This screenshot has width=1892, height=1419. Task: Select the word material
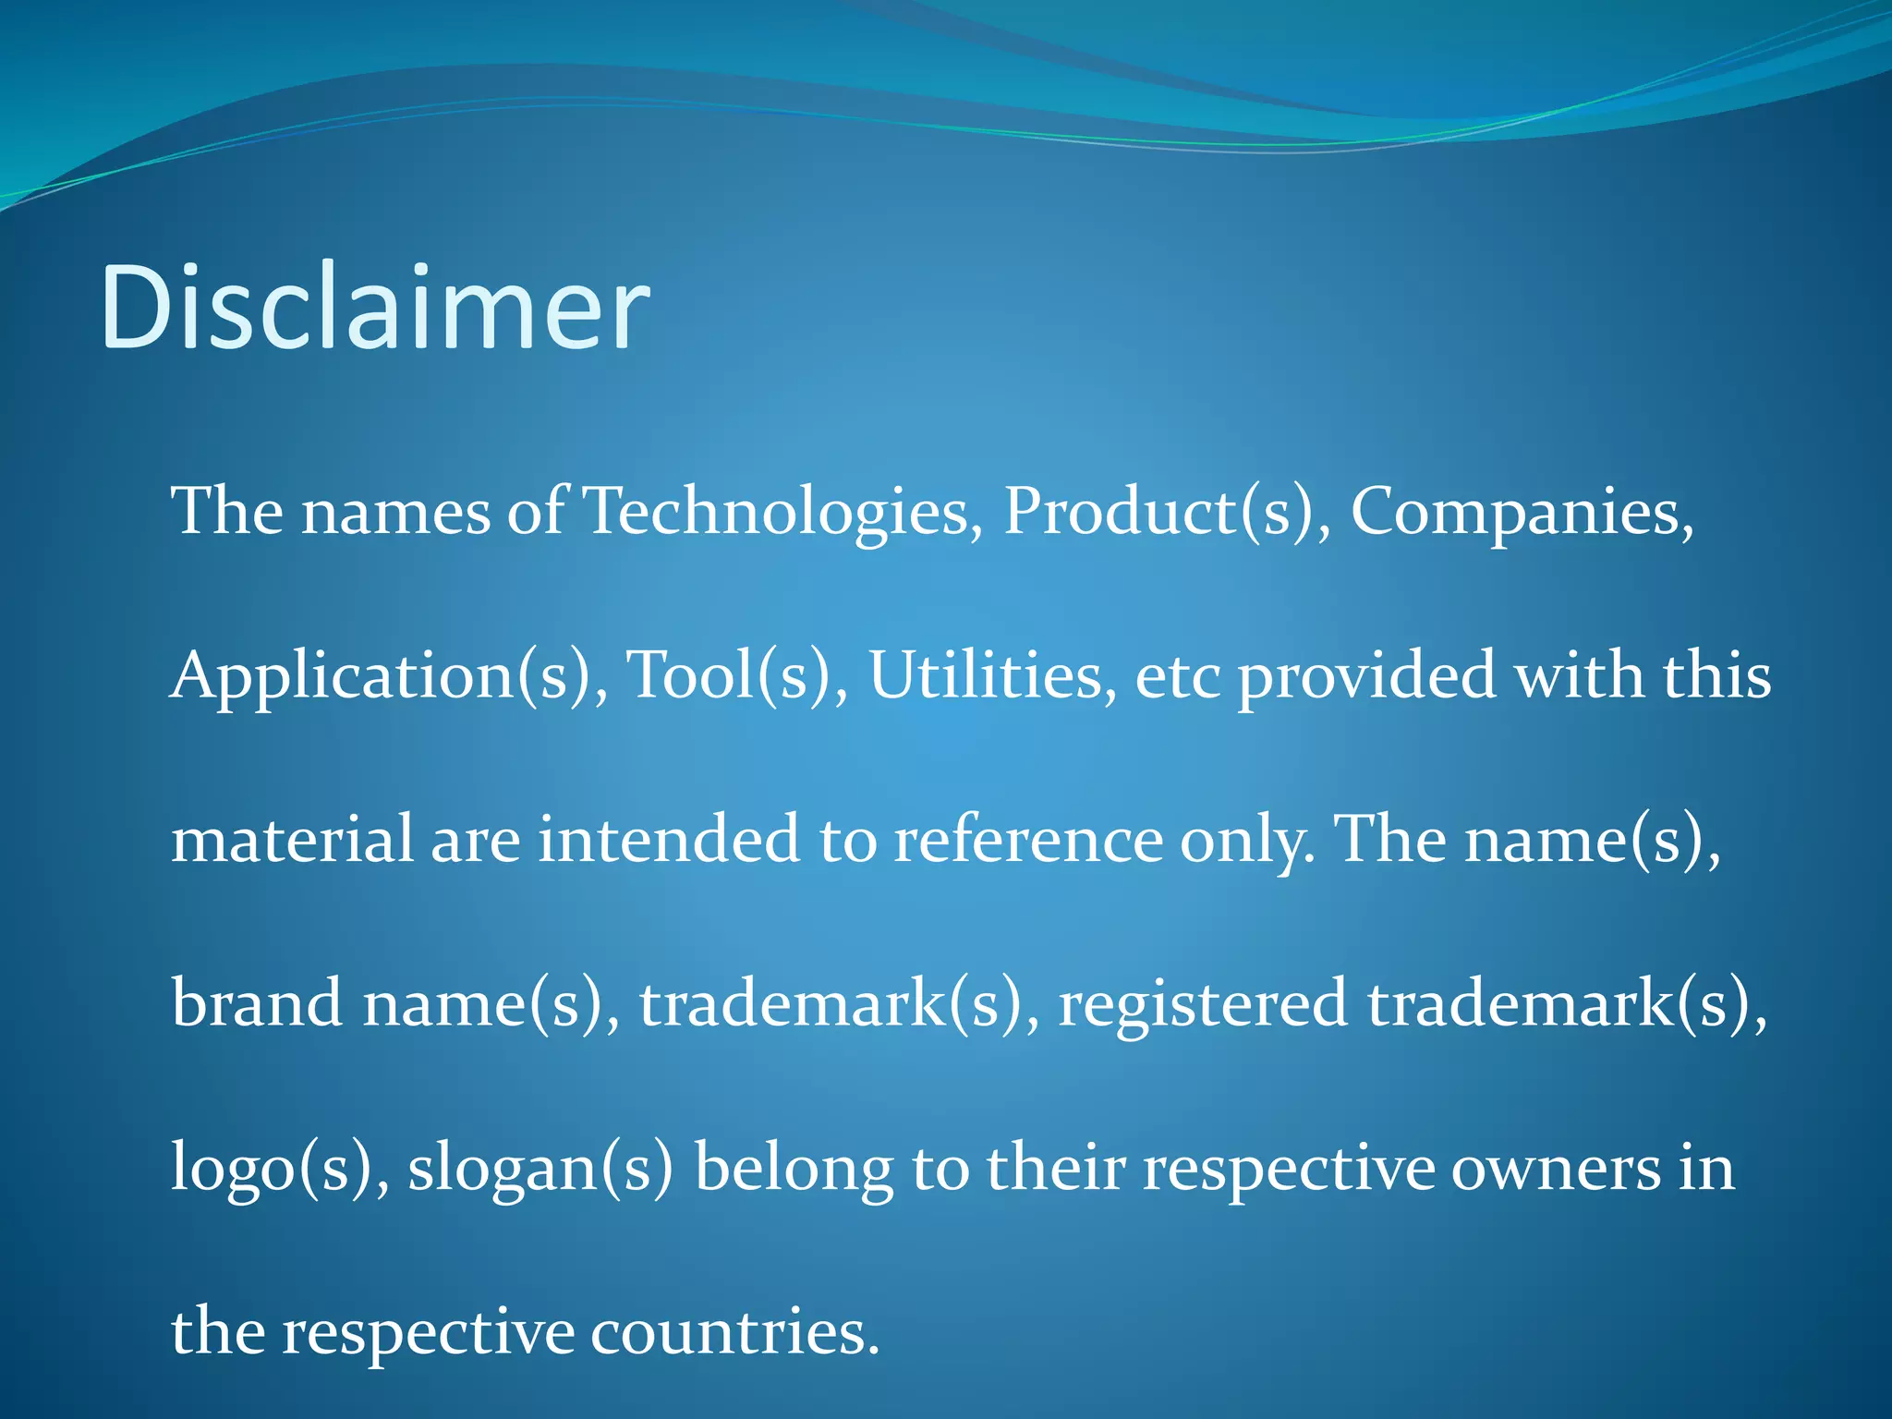(292, 839)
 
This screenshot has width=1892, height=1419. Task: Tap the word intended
(669, 839)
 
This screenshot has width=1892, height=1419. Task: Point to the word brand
(257, 1003)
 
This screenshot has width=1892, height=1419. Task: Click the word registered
(1202, 1003)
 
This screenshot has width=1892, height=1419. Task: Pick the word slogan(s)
(540, 1168)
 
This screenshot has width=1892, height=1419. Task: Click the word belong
(794, 1168)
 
